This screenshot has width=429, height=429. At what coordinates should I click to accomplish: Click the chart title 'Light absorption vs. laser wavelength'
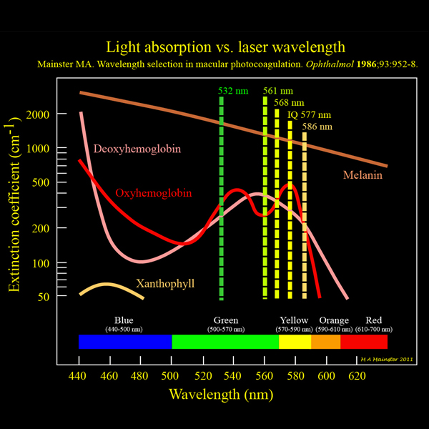tap(214, 48)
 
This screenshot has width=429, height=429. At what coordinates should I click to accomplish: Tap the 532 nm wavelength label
tap(233, 91)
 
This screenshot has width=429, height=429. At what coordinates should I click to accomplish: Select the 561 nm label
tap(278, 91)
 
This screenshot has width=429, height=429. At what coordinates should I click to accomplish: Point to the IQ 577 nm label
tap(309, 114)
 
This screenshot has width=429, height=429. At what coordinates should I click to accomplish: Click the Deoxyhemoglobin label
tap(137, 149)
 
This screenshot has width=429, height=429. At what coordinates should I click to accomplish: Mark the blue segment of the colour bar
tap(125, 342)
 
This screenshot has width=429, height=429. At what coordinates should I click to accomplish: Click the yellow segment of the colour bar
tap(294, 342)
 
